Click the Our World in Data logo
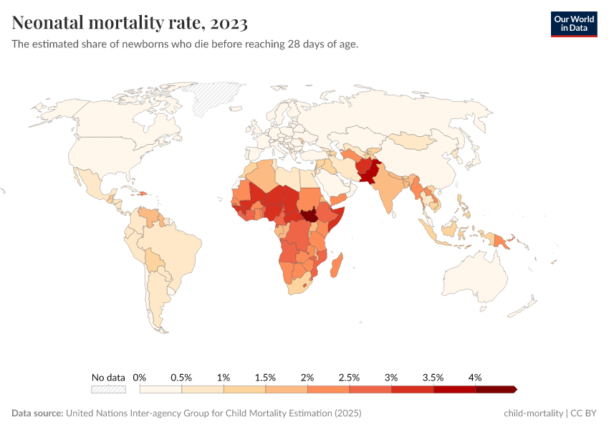573,24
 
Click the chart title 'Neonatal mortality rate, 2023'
130,23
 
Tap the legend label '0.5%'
181,378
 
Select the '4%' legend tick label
475,378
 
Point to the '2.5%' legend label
349,378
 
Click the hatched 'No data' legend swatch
108,390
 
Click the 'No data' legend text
108,378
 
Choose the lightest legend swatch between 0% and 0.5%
160,390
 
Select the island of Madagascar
337,263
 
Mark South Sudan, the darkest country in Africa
310,216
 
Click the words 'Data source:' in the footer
37,414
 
